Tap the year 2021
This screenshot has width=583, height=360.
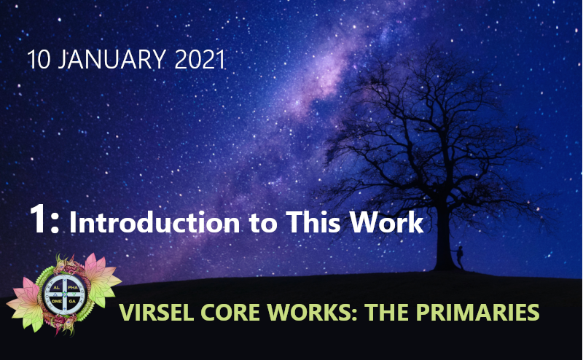200,59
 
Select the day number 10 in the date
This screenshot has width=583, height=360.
39,59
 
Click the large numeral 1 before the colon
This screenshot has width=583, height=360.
38,219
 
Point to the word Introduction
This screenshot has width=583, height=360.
154,222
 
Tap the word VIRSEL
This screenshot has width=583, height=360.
157,312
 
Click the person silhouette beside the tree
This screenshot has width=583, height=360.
460,257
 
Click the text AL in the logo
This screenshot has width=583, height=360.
57,287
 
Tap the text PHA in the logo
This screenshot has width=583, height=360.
73,287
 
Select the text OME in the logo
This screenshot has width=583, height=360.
57,301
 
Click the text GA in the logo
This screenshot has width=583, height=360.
72,301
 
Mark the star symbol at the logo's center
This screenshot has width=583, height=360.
65,294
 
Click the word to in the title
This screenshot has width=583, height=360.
263,223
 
